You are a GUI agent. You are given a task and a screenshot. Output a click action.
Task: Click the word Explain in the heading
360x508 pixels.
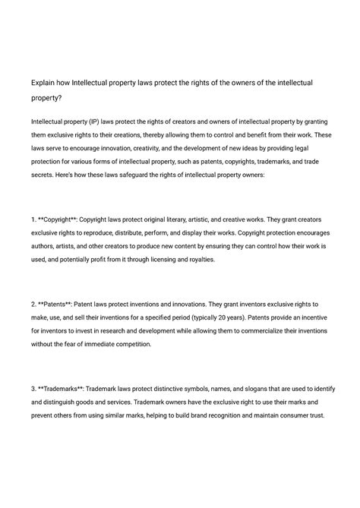[44, 81]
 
